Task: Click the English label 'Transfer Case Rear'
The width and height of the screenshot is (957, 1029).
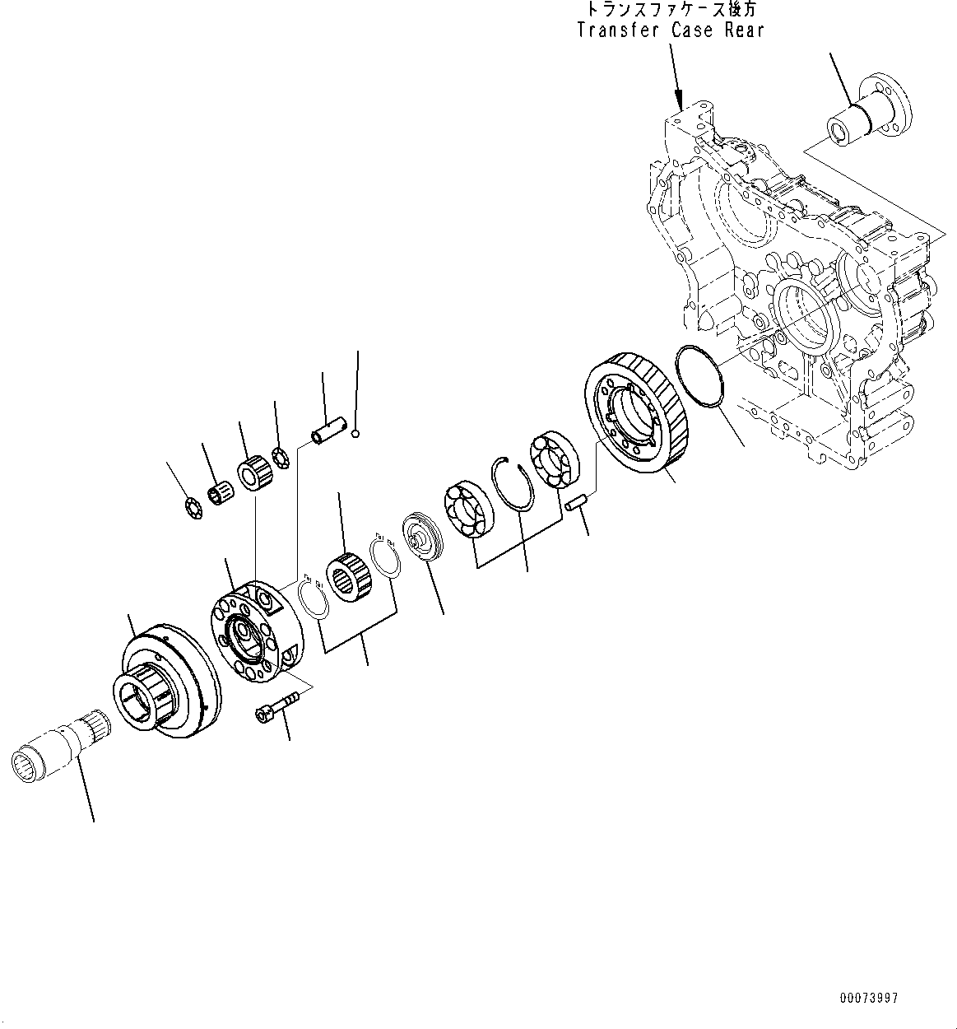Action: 670,30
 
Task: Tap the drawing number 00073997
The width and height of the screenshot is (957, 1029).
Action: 869,998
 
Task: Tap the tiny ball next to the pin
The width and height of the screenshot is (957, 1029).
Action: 355,435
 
